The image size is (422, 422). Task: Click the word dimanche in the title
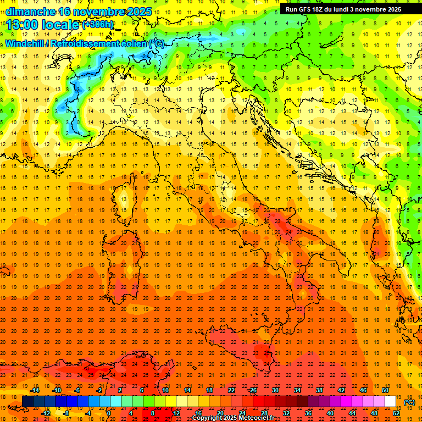tap(30, 12)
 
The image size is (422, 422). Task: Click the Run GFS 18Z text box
tap(343, 9)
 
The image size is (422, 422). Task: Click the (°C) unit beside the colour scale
tap(409, 402)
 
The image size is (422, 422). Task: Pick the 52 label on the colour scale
tap(396, 413)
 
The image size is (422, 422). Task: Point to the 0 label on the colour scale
tap(109, 413)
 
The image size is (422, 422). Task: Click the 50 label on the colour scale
tap(385, 390)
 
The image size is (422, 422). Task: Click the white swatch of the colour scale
tap(391, 402)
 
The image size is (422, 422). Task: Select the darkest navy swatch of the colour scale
tap(27, 402)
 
